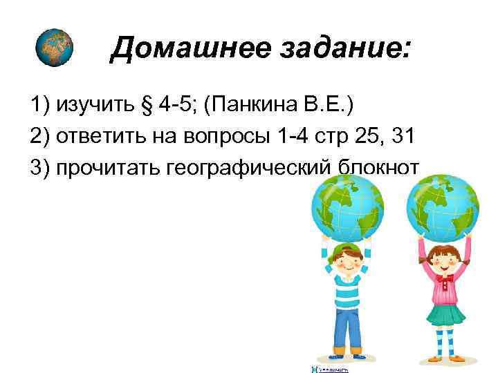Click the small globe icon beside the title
[53, 48]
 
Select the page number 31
[403, 137]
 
